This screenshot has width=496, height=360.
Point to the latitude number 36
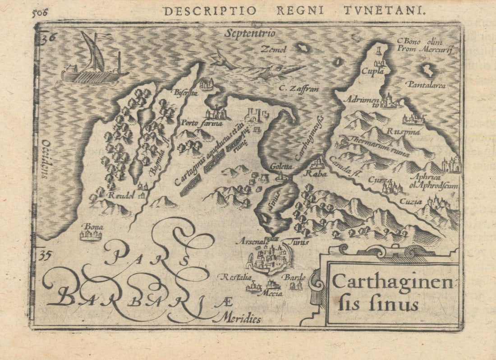46,38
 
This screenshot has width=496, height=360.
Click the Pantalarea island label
426,84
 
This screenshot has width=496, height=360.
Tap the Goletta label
281,166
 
